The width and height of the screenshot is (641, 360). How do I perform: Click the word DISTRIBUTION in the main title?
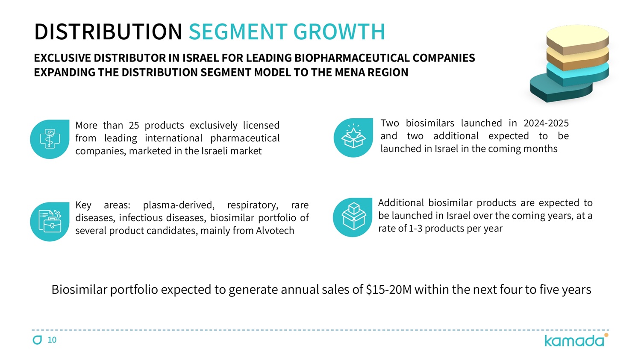[x=108, y=32]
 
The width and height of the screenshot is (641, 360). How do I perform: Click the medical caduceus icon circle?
[x=50, y=139]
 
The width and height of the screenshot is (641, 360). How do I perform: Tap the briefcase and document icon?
[x=50, y=221]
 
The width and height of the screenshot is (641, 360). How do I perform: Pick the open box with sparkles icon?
[x=353, y=137]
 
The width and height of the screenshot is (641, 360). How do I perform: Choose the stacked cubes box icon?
[x=353, y=217]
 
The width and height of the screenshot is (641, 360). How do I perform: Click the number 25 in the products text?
[x=134, y=126]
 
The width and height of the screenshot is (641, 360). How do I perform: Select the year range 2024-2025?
[x=546, y=123]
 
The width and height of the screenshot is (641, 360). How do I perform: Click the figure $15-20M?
[x=389, y=290]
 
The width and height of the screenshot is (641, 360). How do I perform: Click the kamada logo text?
[x=574, y=341]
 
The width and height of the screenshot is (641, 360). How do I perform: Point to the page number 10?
[x=52, y=340]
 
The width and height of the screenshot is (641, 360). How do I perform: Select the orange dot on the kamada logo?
[x=606, y=335]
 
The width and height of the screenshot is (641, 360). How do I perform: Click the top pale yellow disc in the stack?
[x=577, y=37]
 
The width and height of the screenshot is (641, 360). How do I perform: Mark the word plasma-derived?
[x=179, y=205]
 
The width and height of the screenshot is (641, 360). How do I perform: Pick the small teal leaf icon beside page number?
[x=38, y=340]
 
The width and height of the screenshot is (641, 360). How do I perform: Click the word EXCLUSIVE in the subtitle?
[x=62, y=58]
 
